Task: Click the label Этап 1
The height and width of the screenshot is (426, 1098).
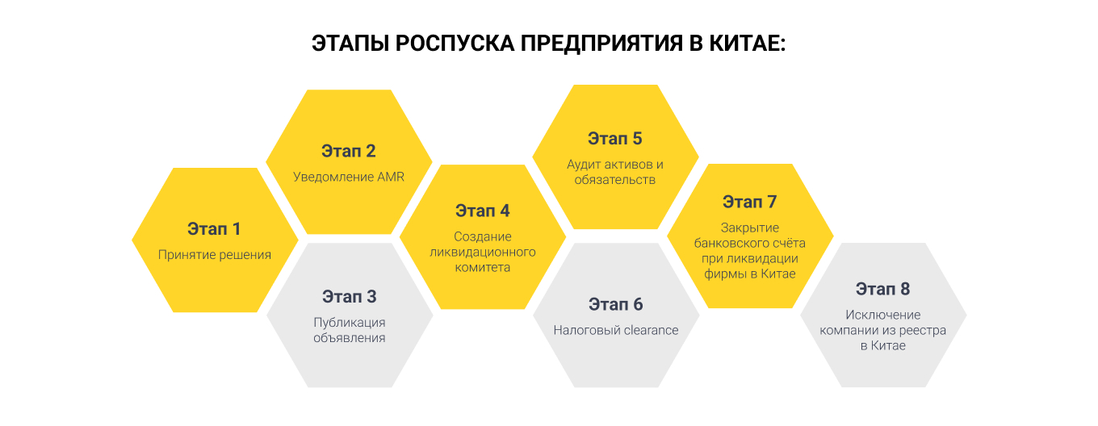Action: coord(214,228)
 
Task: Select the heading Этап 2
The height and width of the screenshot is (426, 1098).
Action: coord(349,151)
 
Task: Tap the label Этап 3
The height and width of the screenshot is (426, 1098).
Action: coord(349,296)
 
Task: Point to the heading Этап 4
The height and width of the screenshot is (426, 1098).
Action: coord(482,211)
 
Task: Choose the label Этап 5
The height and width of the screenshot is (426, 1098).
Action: coord(615,138)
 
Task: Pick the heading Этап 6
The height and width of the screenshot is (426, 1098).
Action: coord(615,304)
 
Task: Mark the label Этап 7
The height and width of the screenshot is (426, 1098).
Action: coord(749,201)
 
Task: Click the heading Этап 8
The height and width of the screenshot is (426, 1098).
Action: coord(882,289)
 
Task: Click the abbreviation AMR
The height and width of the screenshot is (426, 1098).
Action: coord(390,177)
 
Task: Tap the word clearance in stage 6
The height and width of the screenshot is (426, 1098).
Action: coord(651,330)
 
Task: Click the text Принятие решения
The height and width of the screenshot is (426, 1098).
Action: coord(214,254)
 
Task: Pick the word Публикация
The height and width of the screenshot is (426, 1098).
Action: coord(349,322)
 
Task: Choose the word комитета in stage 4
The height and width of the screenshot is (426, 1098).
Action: coord(482,267)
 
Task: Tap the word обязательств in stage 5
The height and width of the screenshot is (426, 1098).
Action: coord(615,179)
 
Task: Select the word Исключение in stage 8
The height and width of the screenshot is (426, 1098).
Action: coord(882,315)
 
